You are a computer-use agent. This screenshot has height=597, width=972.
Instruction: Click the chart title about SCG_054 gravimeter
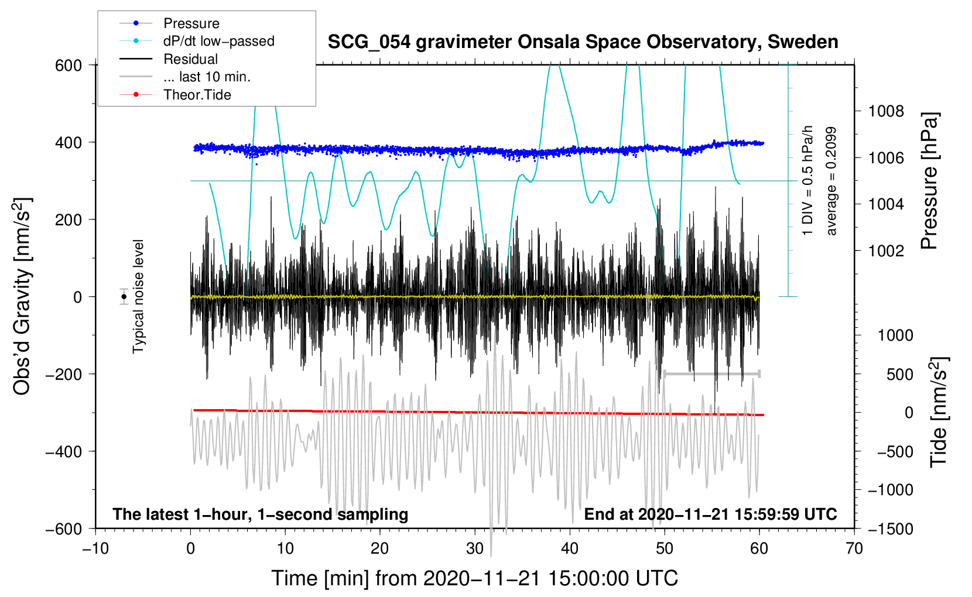583,42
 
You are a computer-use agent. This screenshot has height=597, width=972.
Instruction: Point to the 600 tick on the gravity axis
69,66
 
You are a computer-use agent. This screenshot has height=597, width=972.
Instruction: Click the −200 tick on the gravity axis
64,374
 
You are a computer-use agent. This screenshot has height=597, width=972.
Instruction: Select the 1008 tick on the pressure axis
886,112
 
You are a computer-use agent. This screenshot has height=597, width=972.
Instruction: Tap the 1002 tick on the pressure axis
886,251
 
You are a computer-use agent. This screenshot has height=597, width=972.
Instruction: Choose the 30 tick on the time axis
475,549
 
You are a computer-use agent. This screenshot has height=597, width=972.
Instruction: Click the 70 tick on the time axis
854,549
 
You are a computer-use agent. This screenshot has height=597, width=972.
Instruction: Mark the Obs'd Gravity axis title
22,296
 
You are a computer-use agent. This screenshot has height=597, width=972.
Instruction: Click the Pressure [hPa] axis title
929,181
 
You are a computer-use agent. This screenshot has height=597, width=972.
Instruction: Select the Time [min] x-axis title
475,578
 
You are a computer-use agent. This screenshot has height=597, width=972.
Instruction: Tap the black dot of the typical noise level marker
124,297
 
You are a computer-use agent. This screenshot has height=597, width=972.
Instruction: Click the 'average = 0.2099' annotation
831,181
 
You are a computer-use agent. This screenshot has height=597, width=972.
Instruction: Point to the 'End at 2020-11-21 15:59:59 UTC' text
710,514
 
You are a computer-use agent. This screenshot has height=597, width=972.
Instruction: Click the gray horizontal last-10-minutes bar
711,373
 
